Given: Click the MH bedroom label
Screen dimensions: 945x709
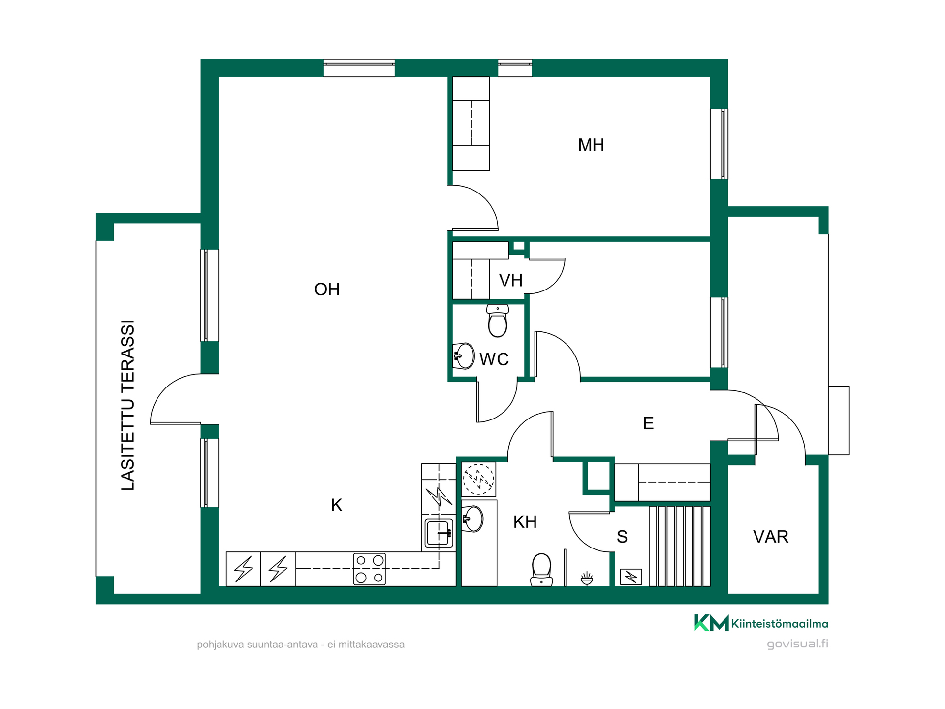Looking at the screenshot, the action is (591, 145).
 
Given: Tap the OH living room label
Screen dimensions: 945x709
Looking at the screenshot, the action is (327, 290).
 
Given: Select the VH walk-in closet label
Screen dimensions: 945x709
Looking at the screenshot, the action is (510, 280).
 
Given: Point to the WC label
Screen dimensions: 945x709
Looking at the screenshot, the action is (494, 359).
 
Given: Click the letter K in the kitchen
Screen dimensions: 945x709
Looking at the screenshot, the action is (337, 505).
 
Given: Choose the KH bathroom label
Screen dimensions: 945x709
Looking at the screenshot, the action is (525, 522).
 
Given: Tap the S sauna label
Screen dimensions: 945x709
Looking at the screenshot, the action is (622, 537).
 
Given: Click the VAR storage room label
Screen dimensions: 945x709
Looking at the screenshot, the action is (771, 537).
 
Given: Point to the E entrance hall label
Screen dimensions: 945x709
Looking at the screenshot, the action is (648, 423).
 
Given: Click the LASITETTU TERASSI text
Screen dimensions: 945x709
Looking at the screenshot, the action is (127, 405).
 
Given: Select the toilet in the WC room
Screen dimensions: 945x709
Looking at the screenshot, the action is (498, 321).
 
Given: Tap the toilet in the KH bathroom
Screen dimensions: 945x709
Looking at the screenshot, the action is (541, 570).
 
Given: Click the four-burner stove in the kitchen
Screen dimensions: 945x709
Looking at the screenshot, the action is (369, 569).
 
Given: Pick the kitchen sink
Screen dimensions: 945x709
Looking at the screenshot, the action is (439, 533).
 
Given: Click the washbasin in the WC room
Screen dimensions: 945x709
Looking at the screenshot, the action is (463, 355).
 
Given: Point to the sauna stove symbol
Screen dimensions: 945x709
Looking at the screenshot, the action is (631, 577).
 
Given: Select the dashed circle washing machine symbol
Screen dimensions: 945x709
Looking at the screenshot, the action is (478, 479).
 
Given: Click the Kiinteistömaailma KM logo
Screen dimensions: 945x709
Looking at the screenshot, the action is (761, 623).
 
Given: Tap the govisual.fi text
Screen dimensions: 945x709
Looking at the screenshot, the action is (797, 644).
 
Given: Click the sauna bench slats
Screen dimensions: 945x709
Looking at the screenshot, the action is (679, 546).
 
